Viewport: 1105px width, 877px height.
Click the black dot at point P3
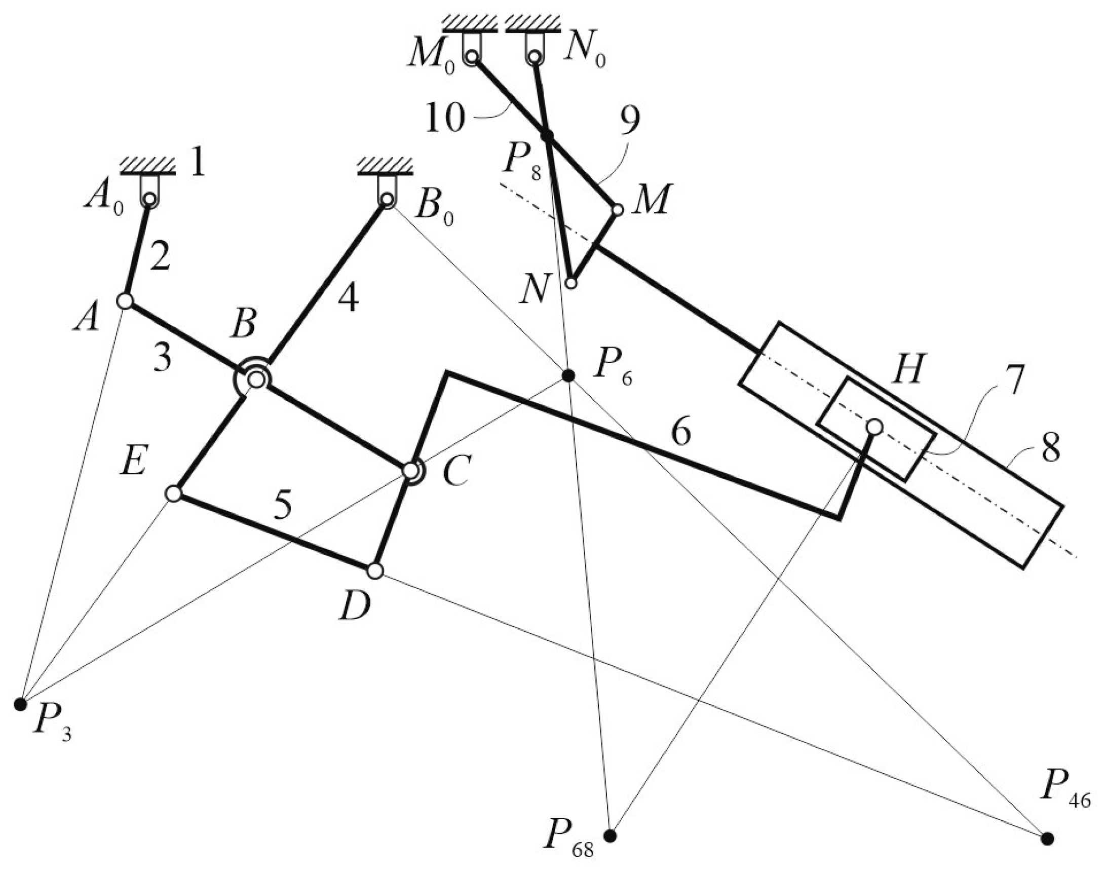pyautogui.click(x=20, y=704)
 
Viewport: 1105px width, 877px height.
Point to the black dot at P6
pyautogui.click(x=568, y=376)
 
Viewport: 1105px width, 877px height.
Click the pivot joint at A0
pyautogui.click(x=149, y=199)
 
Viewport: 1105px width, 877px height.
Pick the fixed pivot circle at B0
pyautogui.click(x=387, y=199)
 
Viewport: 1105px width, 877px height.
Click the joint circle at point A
pyautogui.click(x=125, y=301)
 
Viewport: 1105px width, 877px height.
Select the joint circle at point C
pyautogui.click(x=410, y=470)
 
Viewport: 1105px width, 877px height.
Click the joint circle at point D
pyautogui.click(x=375, y=570)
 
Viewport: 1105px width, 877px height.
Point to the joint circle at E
pyautogui.click(x=174, y=493)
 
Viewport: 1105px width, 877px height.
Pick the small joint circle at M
pyautogui.click(x=618, y=210)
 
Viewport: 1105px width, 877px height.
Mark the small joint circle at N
pyautogui.click(x=571, y=283)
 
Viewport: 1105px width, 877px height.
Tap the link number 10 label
pyautogui.click(x=445, y=119)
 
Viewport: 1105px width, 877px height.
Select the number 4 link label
pyautogui.click(x=349, y=299)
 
